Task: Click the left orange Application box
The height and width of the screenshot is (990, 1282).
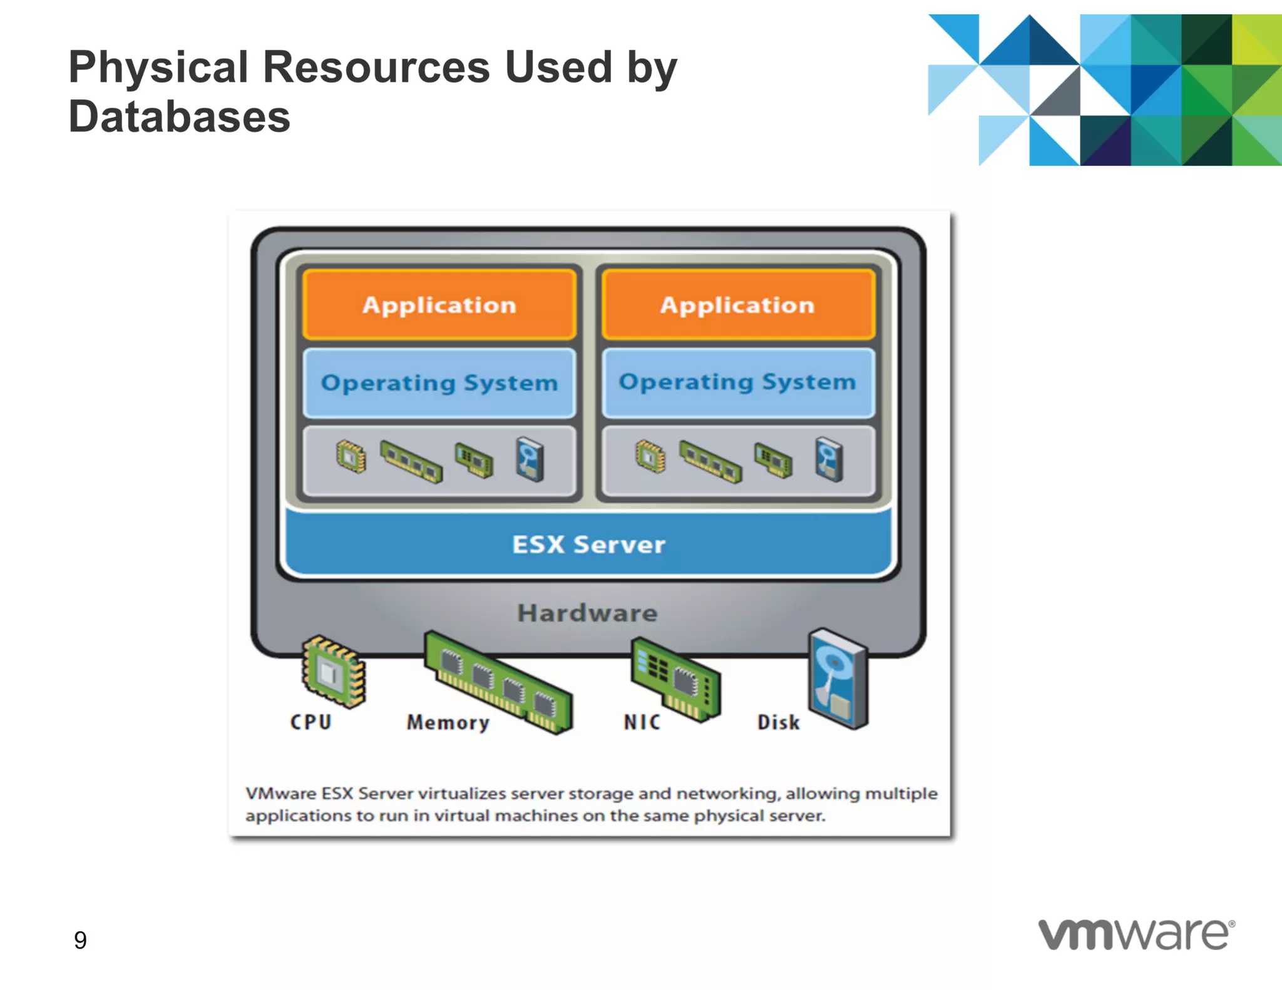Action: (439, 305)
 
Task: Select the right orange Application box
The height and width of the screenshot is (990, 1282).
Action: (737, 305)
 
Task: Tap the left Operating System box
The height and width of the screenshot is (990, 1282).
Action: (439, 382)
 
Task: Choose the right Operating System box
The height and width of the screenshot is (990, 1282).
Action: (737, 382)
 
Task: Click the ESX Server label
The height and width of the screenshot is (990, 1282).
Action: (588, 544)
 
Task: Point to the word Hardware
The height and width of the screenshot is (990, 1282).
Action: (587, 613)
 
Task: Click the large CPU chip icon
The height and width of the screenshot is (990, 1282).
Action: (334, 671)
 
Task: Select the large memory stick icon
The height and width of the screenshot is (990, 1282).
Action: (498, 682)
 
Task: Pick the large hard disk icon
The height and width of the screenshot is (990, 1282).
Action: (838, 678)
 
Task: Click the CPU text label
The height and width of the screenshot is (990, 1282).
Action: (310, 722)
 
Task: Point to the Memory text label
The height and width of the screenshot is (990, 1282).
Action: (448, 723)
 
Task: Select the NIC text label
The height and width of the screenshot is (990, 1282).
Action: (642, 722)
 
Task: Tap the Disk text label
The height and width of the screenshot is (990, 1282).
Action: (778, 722)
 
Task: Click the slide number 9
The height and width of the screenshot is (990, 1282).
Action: (80, 940)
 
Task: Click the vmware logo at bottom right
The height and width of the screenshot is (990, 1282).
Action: (1136, 935)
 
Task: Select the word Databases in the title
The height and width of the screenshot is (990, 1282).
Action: (180, 117)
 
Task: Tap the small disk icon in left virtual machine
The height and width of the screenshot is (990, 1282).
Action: (530, 459)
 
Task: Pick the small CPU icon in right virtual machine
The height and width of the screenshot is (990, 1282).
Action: (650, 456)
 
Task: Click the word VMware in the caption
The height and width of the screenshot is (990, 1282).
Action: (280, 794)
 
